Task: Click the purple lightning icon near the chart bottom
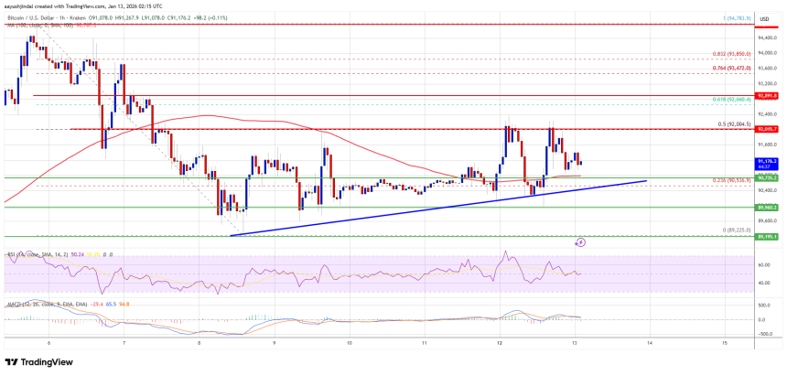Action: (580, 242)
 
